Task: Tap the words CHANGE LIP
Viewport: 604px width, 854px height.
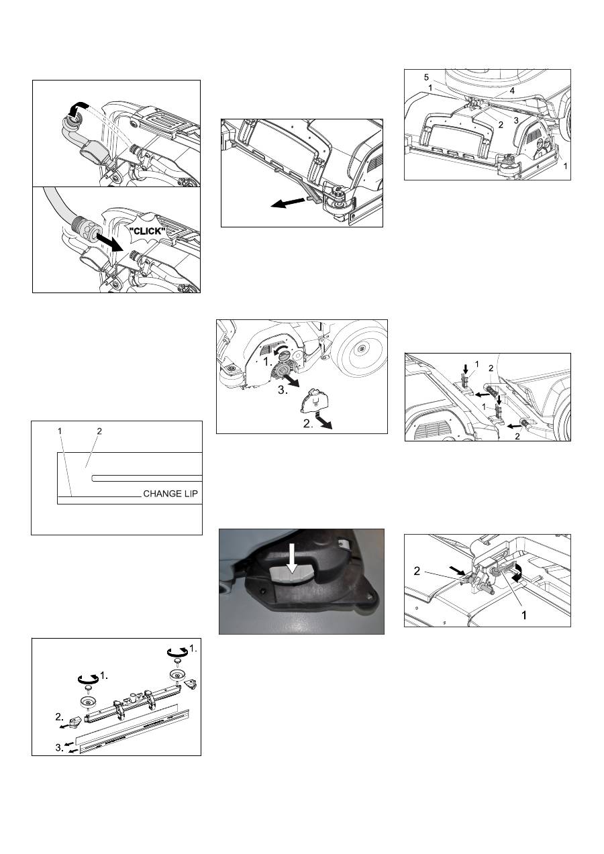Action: coord(170,494)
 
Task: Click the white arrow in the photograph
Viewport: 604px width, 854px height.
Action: coord(293,559)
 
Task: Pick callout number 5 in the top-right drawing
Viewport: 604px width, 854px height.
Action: coord(426,78)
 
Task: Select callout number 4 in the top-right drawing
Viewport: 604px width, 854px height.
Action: coord(512,91)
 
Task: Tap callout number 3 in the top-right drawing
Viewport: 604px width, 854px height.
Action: coord(516,121)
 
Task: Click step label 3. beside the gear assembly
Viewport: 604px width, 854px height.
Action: coord(283,391)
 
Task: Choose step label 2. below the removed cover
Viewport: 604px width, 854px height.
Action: coord(308,423)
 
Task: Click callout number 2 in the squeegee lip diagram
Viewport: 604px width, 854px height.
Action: coord(99,431)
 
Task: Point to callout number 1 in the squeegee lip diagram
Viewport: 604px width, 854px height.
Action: coord(60,431)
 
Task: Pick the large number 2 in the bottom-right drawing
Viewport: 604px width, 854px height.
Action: coord(417,571)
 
